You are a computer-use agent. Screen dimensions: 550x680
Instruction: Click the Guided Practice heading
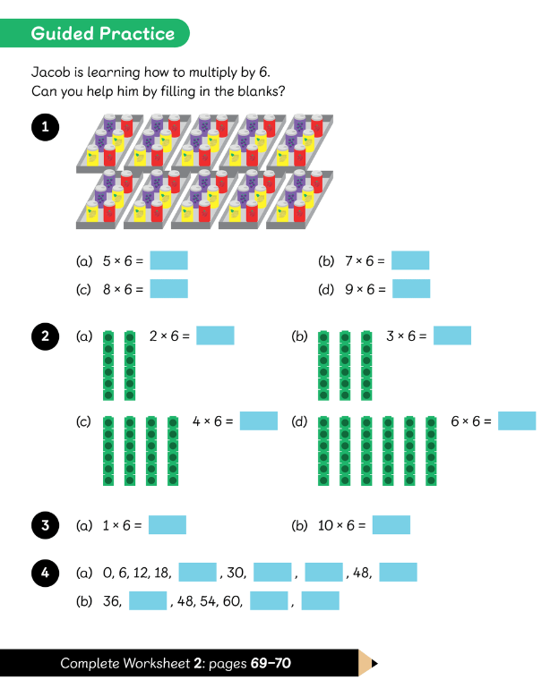click(102, 33)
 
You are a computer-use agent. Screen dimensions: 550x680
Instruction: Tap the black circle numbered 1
click(45, 127)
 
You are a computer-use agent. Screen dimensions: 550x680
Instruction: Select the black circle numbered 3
click(45, 525)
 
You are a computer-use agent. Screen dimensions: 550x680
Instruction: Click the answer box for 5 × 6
click(169, 260)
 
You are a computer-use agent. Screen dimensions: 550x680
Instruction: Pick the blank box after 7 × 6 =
click(410, 260)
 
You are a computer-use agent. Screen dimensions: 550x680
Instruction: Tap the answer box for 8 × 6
click(169, 289)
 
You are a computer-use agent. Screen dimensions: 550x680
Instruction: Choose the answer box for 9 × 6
click(411, 289)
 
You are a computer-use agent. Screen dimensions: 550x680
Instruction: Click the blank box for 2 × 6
click(215, 336)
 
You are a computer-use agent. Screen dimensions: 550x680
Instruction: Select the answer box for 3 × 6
click(452, 336)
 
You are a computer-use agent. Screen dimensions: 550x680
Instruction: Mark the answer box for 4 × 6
click(259, 421)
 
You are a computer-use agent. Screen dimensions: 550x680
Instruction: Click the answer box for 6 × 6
click(517, 421)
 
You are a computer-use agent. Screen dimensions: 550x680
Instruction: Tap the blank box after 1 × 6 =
click(168, 524)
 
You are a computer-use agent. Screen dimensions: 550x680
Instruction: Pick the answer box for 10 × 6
click(391, 524)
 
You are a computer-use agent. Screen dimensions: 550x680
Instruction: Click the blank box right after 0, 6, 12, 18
click(197, 572)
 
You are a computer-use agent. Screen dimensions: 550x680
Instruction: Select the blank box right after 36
click(148, 600)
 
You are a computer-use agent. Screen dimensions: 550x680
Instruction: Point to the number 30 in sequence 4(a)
click(236, 573)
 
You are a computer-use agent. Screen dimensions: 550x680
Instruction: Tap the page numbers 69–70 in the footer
click(271, 663)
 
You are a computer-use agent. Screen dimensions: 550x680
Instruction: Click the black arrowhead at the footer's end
click(374, 663)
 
